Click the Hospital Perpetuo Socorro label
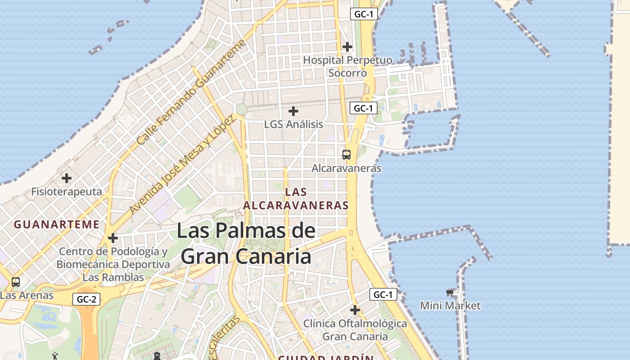tap(347, 66)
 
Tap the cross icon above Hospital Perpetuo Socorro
tap(347, 46)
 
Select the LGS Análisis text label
tap(293, 124)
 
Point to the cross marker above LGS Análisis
tap(293, 111)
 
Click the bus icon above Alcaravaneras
tap(346, 155)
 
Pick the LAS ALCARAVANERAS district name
tap(296, 198)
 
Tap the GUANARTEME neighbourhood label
tap(57, 224)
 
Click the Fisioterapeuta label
tap(67, 192)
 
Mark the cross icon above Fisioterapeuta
tap(67, 178)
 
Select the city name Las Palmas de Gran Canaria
tap(246, 243)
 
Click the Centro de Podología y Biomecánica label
tap(113, 264)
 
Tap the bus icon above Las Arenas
tap(16, 282)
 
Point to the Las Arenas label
tap(27, 296)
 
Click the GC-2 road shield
tap(86, 299)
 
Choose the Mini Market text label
tap(450, 306)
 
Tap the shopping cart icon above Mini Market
tap(450, 293)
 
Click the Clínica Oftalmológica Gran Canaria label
tap(355, 330)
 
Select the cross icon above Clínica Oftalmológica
tap(355, 310)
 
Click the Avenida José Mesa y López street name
tap(182, 165)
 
